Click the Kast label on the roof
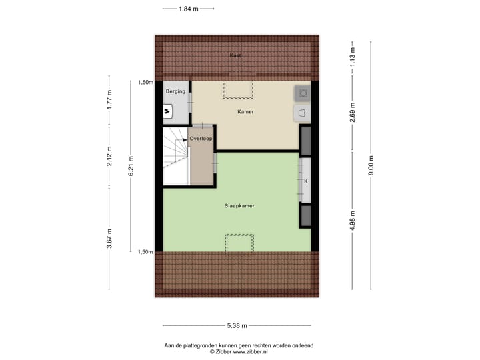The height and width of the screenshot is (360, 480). (x=235, y=55)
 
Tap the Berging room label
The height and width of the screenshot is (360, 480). (x=175, y=91)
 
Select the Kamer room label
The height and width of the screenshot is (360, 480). (x=245, y=111)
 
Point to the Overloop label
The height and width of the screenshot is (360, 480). (x=201, y=139)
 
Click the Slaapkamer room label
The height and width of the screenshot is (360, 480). (x=239, y=206)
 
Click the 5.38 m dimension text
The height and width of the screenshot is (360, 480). (x=237, y=325)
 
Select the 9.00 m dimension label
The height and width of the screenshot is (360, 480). (x=372, y=165)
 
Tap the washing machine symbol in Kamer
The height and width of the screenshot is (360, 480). (x=302, y=93)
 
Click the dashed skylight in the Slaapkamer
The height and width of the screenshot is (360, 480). (x=239, y=243)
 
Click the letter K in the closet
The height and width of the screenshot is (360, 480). (x=306, y=181)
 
